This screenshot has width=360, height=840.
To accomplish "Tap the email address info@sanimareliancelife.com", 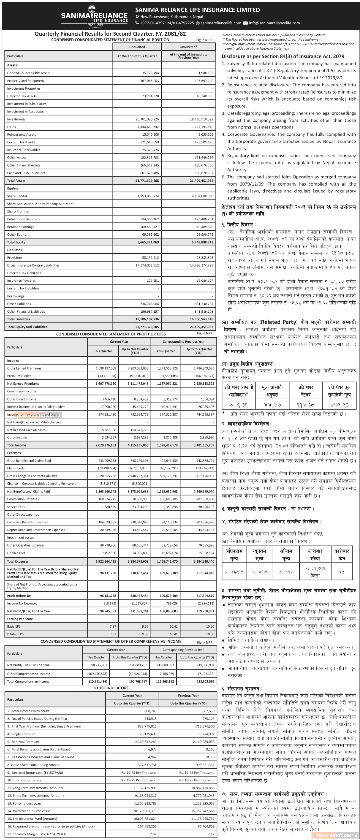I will pyautogui.click(x=274, y=23).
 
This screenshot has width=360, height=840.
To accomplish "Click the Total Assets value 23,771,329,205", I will pyautogui.click(x=147, y=181).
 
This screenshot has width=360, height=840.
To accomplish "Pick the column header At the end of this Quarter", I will pyautogui.click(x=137, y=56).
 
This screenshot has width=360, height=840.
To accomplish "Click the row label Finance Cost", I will pyautogui.click(x=16, y=553).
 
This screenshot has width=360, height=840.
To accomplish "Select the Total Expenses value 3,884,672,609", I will pyautogui.click(x=135, y=562).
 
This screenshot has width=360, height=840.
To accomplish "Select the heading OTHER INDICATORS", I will pyautogui.click(x=111, y=688).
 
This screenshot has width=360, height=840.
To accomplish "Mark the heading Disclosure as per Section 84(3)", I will pyautogui.click(x=283, y=56).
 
